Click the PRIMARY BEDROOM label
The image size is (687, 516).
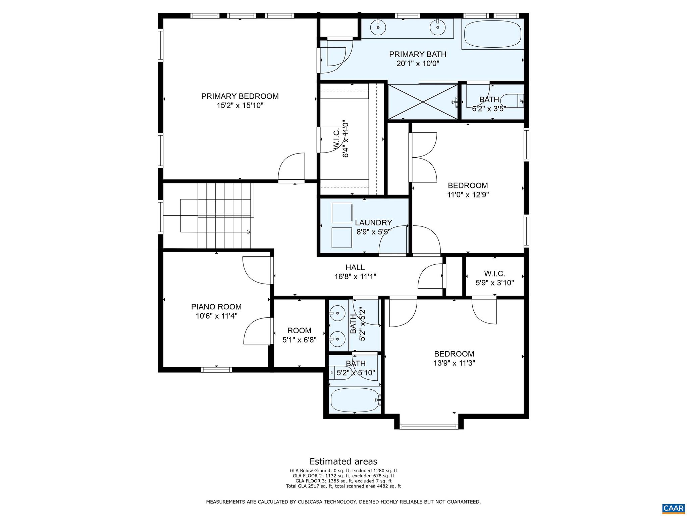click(240, 96)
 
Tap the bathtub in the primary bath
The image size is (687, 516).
click(492, 34)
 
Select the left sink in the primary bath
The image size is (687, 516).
click(378, 27)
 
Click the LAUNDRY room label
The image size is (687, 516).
click(373, 223)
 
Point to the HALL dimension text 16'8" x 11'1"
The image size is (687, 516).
click(355, 277)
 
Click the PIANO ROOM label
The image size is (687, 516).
click(216, 307)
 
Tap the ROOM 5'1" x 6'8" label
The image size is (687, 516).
click(299, 331)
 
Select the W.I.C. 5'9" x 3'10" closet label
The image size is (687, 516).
click(494, 274)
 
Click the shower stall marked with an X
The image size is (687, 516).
click(423, 102)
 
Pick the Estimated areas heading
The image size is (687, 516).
click(343, 461)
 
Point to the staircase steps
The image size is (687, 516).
click(224, 215)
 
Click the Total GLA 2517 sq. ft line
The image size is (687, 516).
click(343, 486)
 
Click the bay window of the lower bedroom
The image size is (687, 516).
click(429, 427)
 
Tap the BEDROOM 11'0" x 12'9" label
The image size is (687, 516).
click(468, 186)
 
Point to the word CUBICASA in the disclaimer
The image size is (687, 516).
click(341, 502)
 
